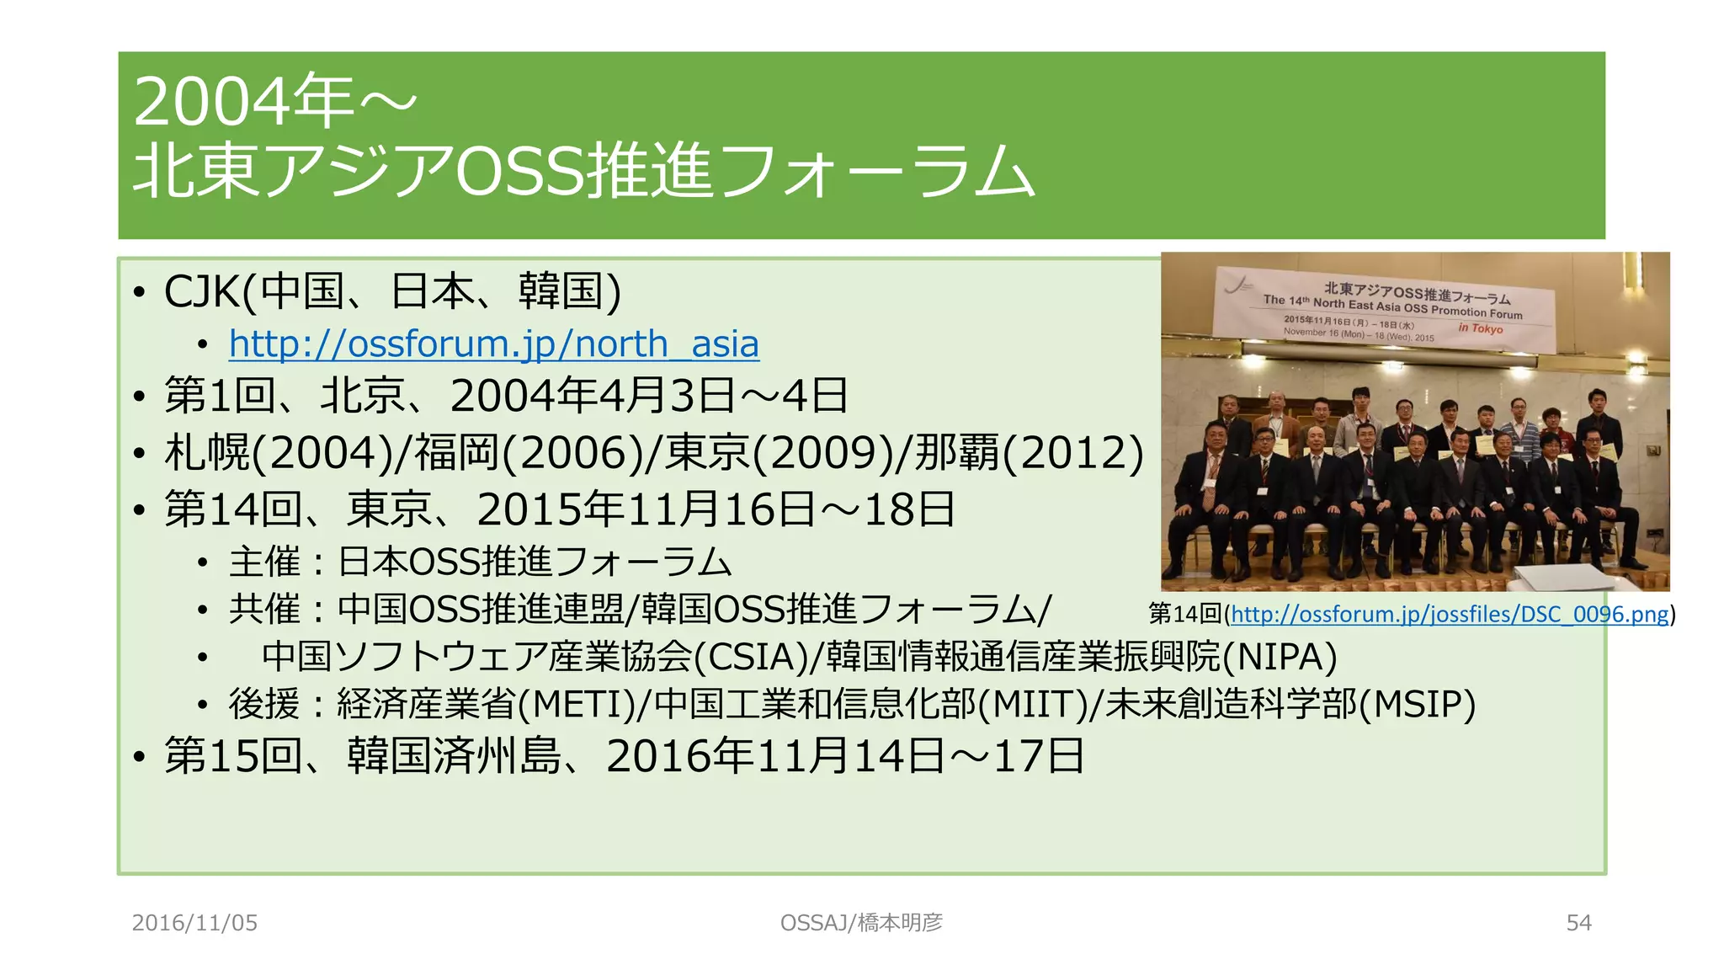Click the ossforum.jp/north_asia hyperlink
point(494,344)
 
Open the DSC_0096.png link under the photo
point(1449,614)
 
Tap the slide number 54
point(1578,923)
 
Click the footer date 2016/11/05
point(194,923)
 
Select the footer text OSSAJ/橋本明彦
point(861,923)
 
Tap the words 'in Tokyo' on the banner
point(1480,328)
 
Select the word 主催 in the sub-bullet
point(264,562)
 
